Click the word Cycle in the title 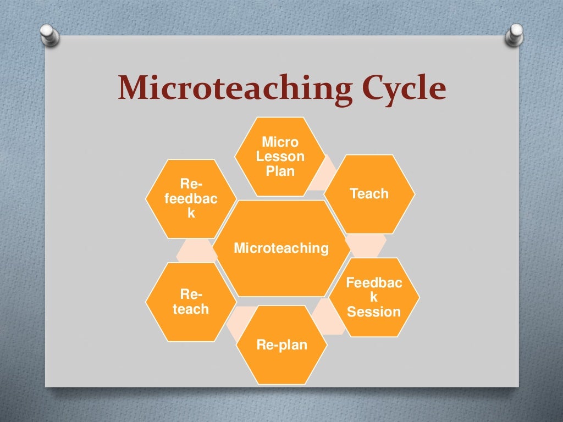coord(400,89)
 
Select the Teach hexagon coord(369,194)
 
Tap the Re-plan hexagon coord(281,345)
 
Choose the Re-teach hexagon coord(191,302)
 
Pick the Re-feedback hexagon coord(191,198)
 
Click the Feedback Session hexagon coord(374,297)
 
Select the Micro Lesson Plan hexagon coord(280,157)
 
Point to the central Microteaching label coord(281,248)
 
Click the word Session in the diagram coord(374,312)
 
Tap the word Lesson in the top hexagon coord(280,157)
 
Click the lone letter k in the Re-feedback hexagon coord(191,213)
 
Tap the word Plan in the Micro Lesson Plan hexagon coord(280,171)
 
